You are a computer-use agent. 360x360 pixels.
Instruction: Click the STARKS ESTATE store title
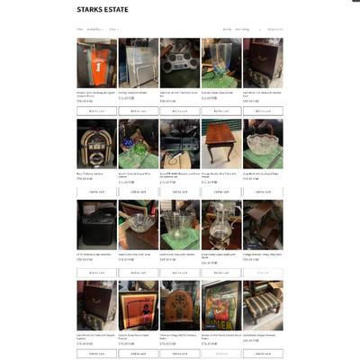click(103, 10)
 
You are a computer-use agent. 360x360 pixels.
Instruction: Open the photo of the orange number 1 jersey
click(96, 62)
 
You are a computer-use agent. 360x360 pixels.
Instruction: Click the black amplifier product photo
click(96, 224)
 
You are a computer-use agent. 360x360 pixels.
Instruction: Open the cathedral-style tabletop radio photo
click(180, 305)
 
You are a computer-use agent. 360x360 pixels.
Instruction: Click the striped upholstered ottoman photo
click(263, 305)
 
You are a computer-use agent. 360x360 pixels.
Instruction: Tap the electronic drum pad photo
click(180, 62)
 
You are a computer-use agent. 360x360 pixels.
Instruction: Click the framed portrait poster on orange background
click(138, 305)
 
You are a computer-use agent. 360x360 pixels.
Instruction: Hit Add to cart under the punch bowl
click(263, 192)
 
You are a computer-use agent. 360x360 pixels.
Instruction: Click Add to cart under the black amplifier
click(96, 273)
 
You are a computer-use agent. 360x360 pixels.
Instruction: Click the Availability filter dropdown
click(94, 29)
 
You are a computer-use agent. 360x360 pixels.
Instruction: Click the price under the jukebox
click(85, 178)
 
